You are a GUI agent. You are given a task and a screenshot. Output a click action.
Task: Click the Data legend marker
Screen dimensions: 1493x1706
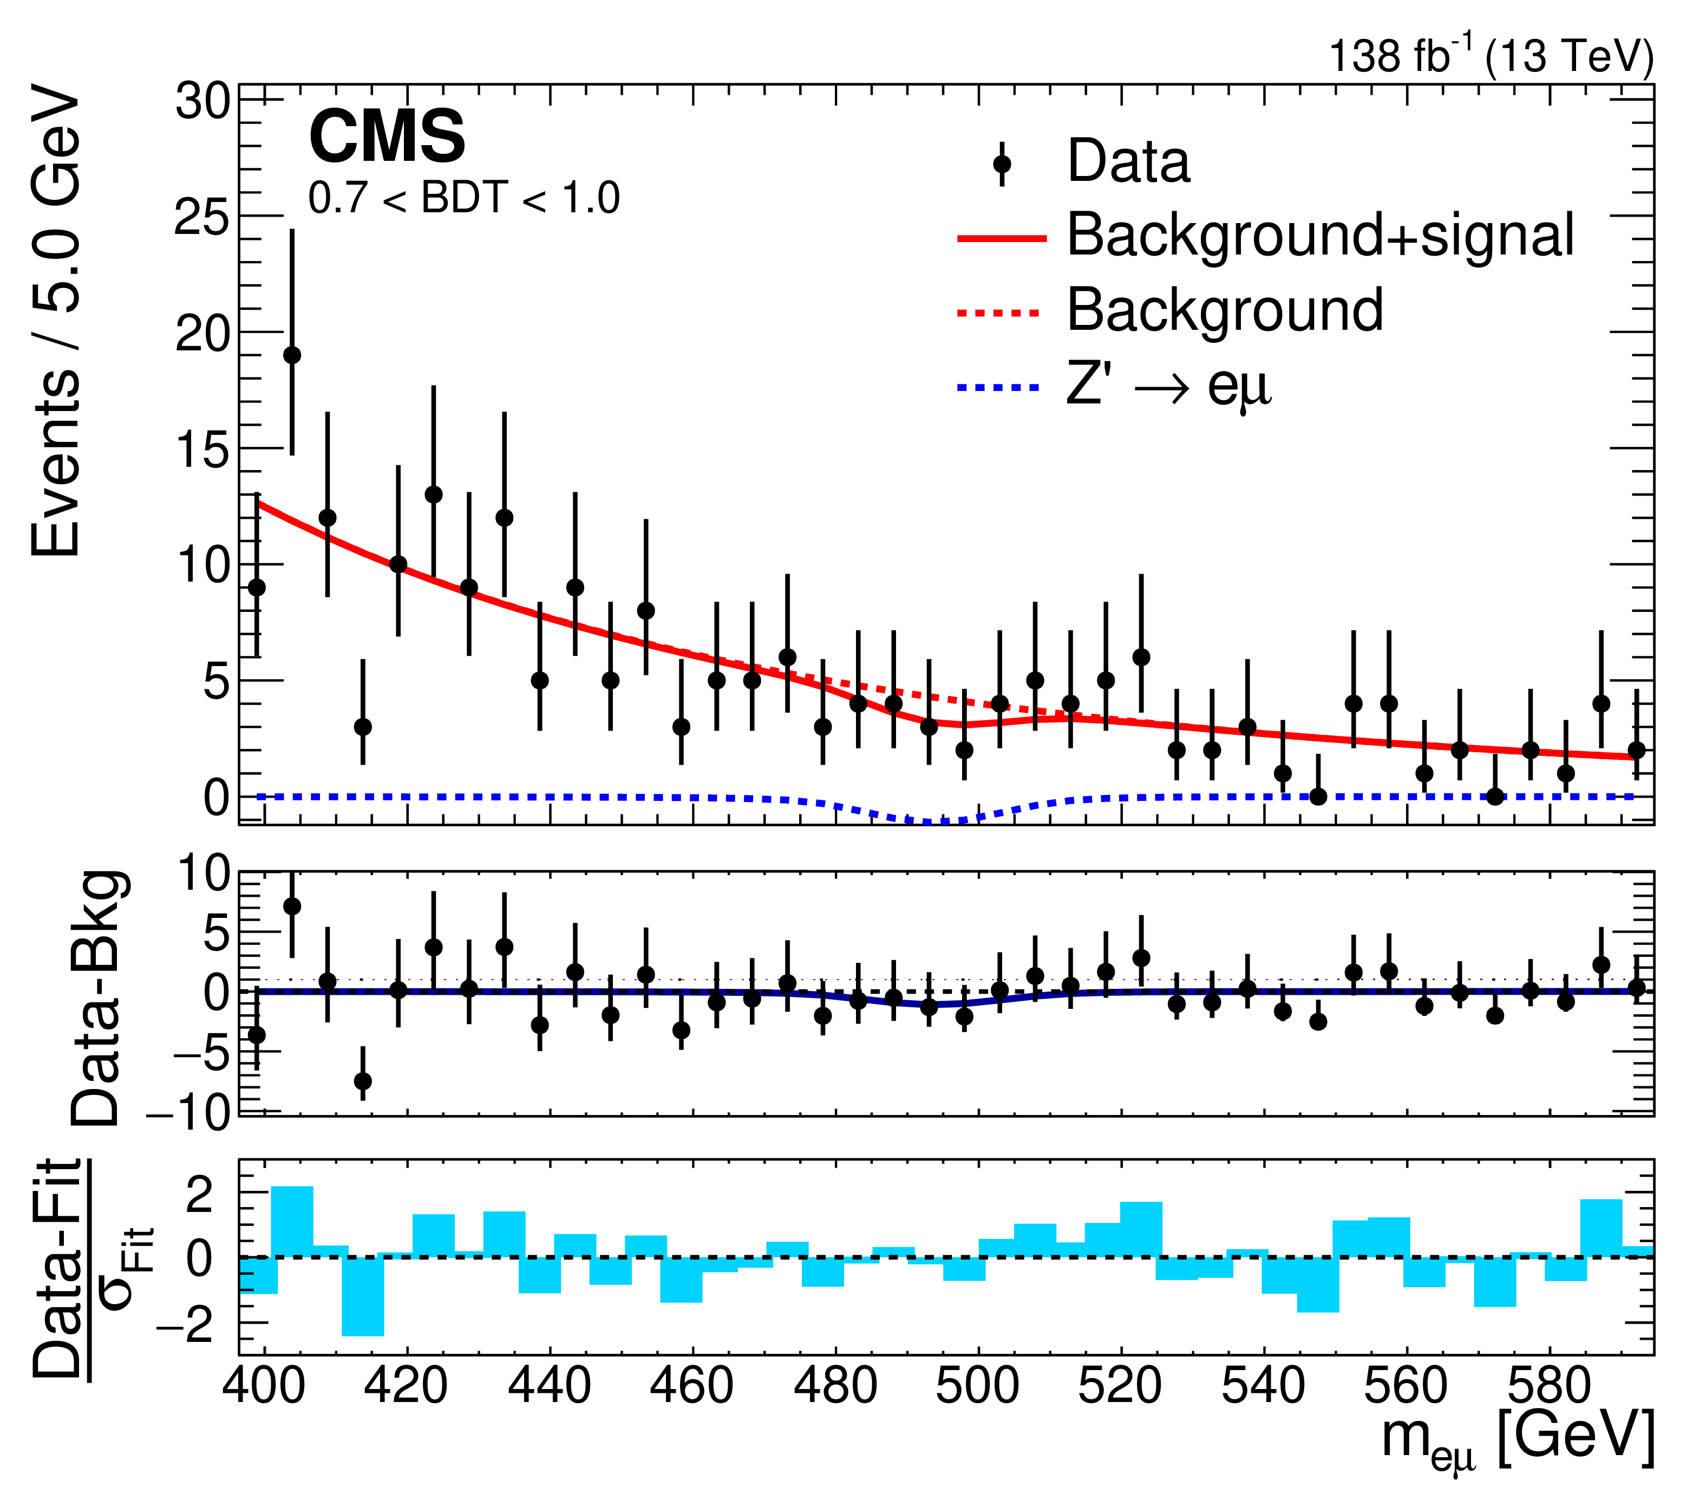pyautogui.click(x=1002, y=164)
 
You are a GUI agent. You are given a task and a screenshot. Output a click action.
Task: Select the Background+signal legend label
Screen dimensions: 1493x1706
pyautogui.click(x=1321, y=235)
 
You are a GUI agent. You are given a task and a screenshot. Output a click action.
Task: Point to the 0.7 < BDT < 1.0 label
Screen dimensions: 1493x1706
pyautogui.click(x=464, y=198)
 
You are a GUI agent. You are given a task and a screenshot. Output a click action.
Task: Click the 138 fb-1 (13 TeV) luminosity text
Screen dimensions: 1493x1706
pyautogui.click(x=1491, y=57)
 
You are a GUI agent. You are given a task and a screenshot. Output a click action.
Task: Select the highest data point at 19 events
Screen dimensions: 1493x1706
pyautogui.click(x=292, y=355)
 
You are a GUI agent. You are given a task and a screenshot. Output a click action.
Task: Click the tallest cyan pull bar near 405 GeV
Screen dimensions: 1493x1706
pyautogui.click(x=292, y=1221)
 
